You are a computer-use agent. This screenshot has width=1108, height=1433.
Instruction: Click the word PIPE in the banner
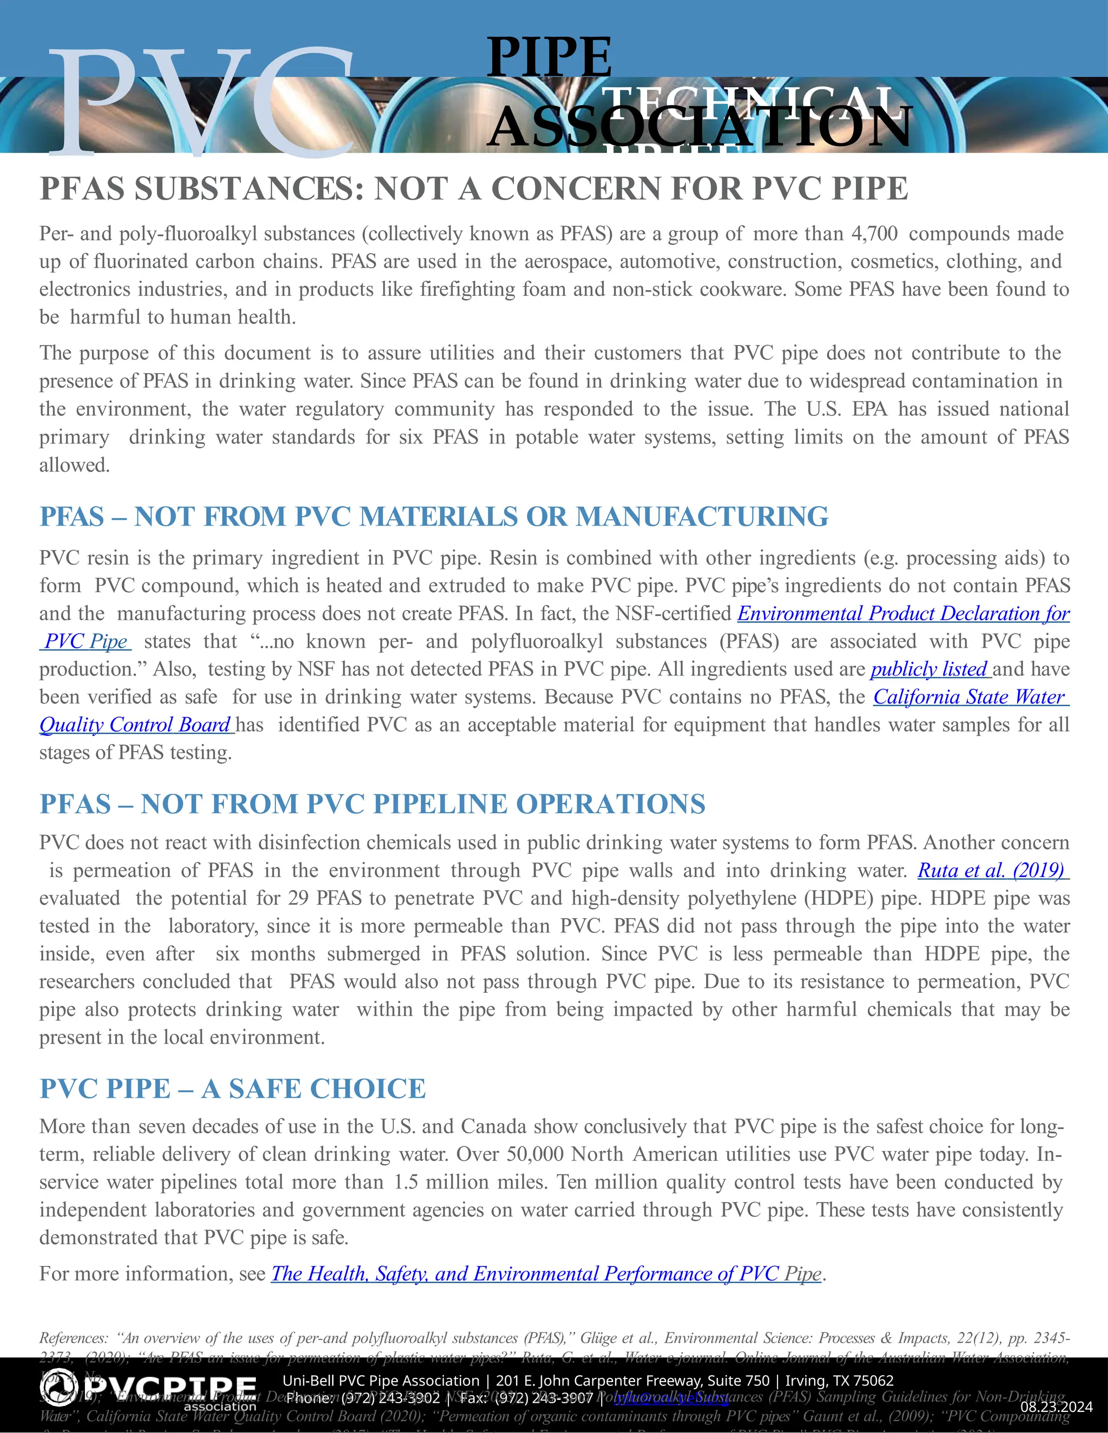pyautogui.click(x=549, y=57)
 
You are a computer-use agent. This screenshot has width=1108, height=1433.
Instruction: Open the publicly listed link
pyautogui.click(x=929, y=669)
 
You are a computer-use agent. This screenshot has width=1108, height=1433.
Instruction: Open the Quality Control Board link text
pyautogui.click(x=135, y=725)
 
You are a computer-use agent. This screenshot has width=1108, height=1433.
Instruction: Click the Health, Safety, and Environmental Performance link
pyautogui.click(x=546, y=1273)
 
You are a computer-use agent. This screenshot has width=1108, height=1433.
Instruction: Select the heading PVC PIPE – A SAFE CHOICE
pyautogui.click(x=232, y=1089)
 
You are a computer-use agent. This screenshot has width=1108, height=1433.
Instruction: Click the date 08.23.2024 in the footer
pyautogui.click(x=1056, y=1407)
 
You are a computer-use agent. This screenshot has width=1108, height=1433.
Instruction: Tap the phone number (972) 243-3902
pyautogui.click(x=391, y=1398)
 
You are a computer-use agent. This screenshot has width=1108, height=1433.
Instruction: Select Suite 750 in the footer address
pyautogui.click(x=738, y=1381)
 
